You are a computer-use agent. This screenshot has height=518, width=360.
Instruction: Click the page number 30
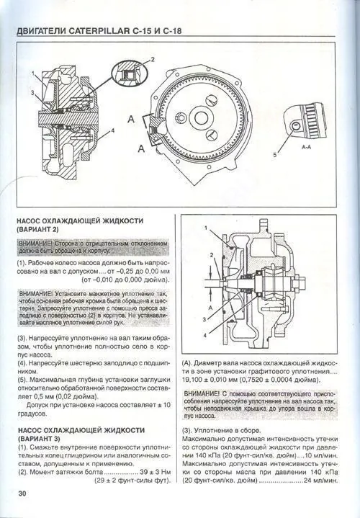[22, 493]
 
